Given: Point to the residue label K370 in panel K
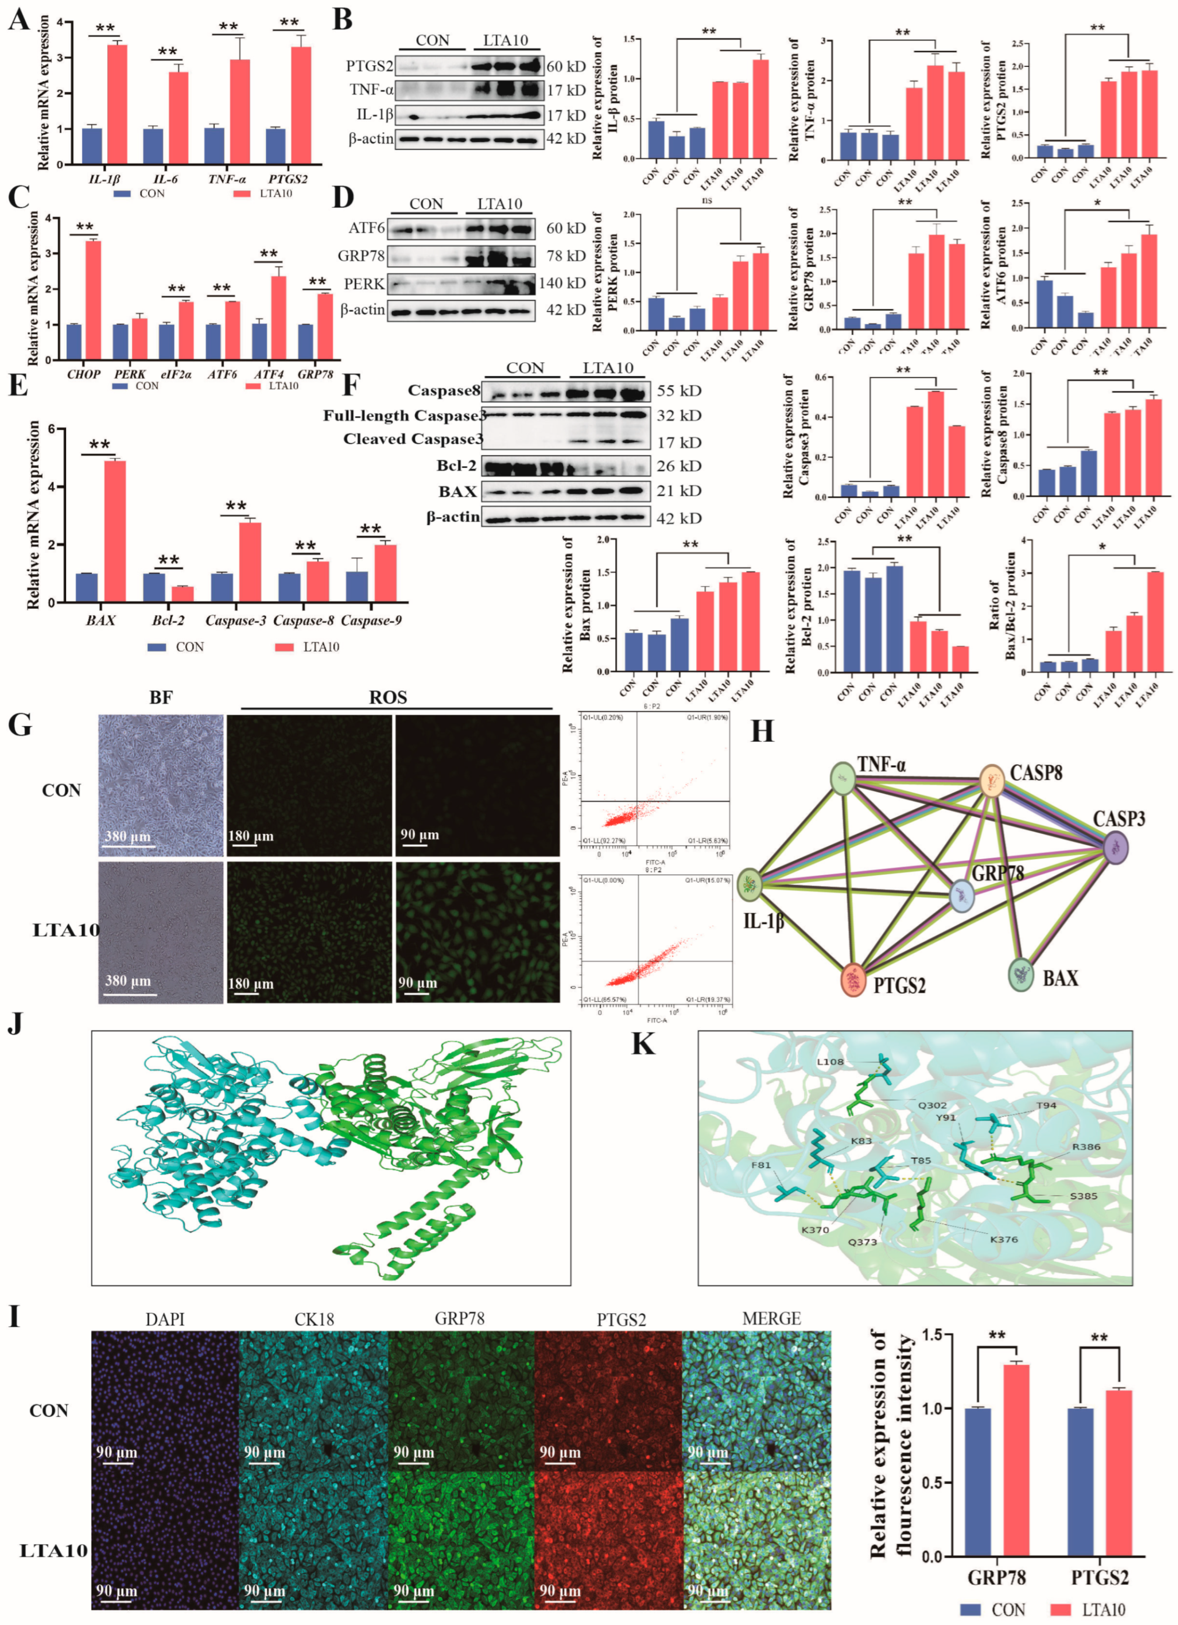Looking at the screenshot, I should pyautogui.click(x=815, y=1229).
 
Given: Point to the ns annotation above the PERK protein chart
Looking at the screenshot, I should pyautogui.click(x=707, y=200).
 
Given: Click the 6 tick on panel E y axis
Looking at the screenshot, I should pyautogui.click(x=50, y=429).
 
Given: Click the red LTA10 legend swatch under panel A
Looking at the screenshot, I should pyautogui.click(x=242, y=193).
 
